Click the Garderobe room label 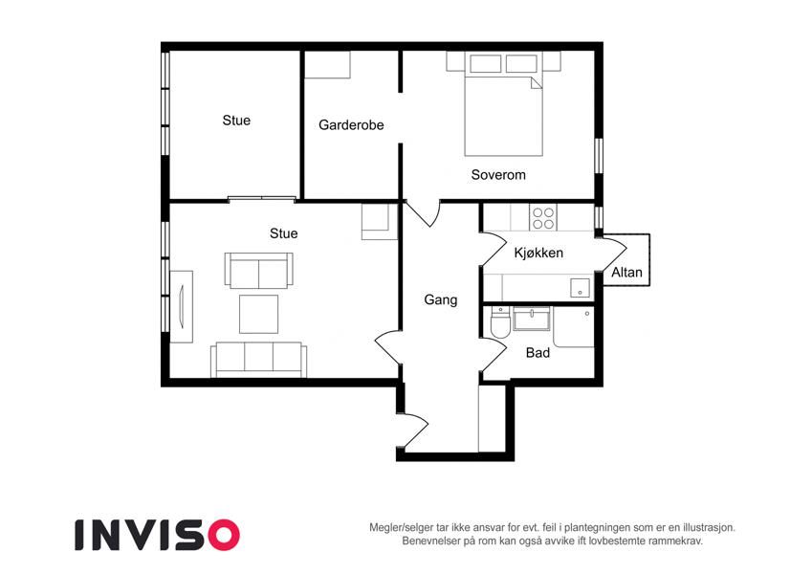[351, 125]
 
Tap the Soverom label [498, 175]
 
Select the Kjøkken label [538, 253]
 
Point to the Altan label [626, 272]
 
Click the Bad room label [538, 353]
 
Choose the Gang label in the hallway [441, 300]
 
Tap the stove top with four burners [543, 217]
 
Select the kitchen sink [580, 288]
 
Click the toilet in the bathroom [500, 322]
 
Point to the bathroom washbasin [532, 318]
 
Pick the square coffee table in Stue [258, 314]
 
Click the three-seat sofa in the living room [258, 360]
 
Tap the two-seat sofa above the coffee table [258, 271]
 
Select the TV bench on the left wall [182, 307]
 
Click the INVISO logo [158, 535]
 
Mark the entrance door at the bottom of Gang [413, 430]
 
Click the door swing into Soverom [423, 213]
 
